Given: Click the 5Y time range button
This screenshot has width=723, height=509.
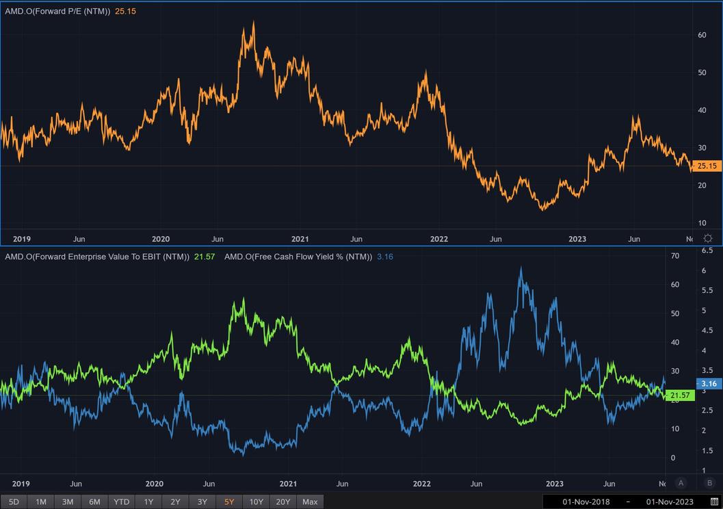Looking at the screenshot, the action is (x=229, y=501).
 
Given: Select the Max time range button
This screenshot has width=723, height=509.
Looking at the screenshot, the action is (x=310, y=501).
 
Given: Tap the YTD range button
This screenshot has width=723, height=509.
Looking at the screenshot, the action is (x=122, y=501).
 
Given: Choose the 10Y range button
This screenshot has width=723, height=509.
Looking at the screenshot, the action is (x=256, y=501).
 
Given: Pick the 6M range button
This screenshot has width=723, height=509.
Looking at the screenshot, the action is (x=94, y=501).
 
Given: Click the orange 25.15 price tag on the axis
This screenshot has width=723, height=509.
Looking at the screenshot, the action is (x=707, y=166).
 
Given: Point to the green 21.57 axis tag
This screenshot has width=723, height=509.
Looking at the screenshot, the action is (x=680, y=395).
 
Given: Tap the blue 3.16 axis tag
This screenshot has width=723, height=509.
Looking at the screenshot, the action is (x=709, y=384).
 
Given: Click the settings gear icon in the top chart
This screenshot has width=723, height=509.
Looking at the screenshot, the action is (x=708, y=238).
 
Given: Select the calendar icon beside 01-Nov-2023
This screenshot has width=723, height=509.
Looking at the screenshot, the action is (x=714, y=501).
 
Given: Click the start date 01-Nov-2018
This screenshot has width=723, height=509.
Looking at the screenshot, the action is (x=586, y=501).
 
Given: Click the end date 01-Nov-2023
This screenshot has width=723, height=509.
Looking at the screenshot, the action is (x=670, y=501).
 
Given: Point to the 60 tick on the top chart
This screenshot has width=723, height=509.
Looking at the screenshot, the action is (x=702, y=35).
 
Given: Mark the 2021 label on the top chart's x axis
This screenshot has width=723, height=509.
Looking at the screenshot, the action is (x=300, y=239).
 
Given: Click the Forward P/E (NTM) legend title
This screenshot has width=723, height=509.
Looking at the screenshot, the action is (x=57, y=11).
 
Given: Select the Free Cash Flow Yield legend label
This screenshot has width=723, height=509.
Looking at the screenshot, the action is (x=298, y=257).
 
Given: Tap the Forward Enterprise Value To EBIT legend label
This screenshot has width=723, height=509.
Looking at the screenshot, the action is (x=97, y=257).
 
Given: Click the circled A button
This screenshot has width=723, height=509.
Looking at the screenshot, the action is (x=681, y=483).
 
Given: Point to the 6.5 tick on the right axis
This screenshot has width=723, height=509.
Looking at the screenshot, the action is (x=707, y=250).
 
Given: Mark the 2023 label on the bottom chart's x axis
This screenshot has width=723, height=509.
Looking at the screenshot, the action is (x=555, y=484).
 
